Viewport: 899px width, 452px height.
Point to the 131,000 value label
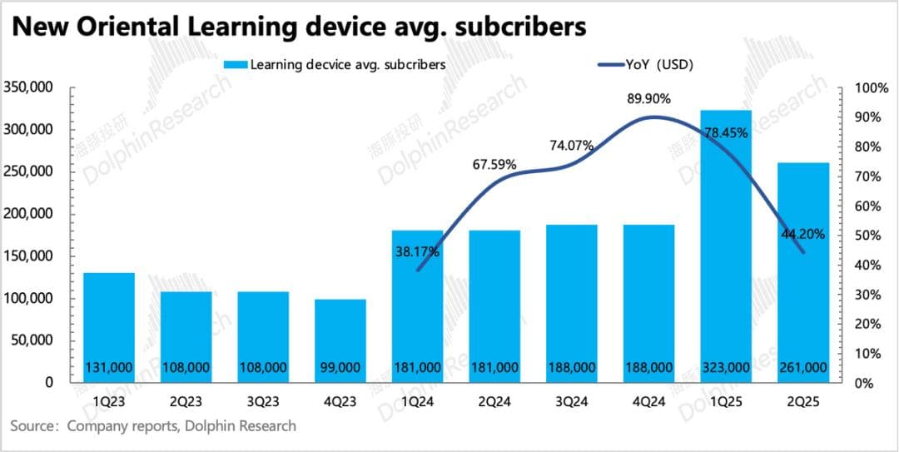pos(109,367)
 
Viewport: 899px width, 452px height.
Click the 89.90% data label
pos(648,98)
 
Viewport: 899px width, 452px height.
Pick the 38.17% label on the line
pos(417,250)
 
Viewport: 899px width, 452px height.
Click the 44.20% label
pos(802,235)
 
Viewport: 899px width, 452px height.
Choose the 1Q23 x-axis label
pos(109,400)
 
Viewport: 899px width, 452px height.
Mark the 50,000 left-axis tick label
pos(34,340)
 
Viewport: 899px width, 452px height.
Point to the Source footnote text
pos(153,426)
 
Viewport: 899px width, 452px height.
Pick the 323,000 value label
pos(726,367)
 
